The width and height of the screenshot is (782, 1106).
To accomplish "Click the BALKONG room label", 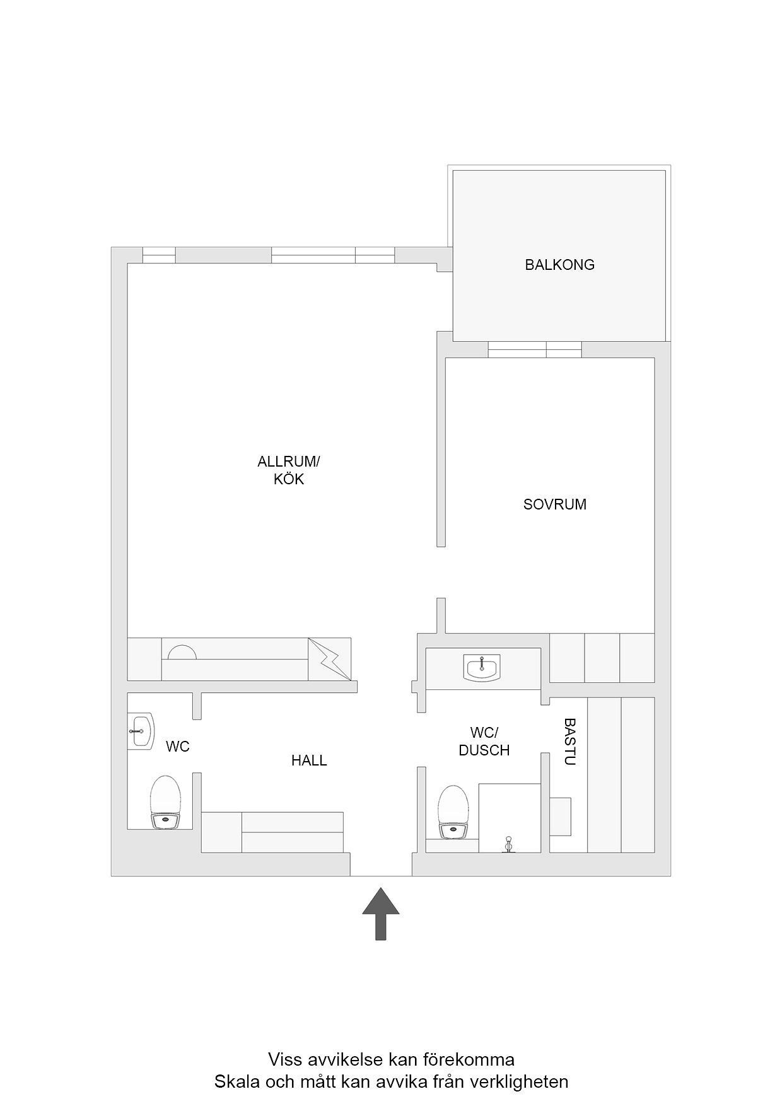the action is point(559,265).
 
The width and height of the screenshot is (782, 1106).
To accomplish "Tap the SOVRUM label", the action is point(554,504).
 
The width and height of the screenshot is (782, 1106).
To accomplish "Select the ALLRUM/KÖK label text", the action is point(289,470).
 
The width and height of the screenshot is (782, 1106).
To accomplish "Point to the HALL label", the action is point(309,760).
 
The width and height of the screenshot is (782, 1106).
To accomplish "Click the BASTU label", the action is point(570,742).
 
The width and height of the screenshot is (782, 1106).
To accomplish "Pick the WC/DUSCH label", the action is point(484,742).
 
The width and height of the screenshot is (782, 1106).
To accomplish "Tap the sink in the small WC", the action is point(141,731).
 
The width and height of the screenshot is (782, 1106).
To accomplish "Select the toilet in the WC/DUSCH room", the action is point(454,812).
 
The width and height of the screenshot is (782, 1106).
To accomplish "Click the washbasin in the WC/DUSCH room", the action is point(482,668).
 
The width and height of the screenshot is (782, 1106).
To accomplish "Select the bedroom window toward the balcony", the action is point(535,349).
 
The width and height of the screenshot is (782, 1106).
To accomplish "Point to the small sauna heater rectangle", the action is point(560,817).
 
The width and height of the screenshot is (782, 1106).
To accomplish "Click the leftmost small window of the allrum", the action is point(159,255).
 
